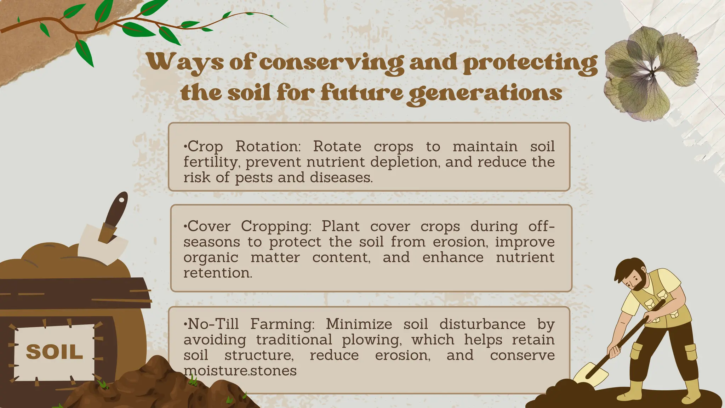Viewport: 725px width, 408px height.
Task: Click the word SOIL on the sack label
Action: [x=54, y=352]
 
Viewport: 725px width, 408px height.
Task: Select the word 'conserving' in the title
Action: [x=331, y=63]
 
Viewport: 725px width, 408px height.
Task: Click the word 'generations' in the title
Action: [x=484, y=93]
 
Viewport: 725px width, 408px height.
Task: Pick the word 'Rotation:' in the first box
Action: [x=268, y=146]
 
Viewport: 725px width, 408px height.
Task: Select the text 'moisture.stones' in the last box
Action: [x=240, y=370]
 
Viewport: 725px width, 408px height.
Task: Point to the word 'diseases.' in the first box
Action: [x=341, y=177]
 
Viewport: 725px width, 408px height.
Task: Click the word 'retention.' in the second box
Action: [x=218, y=273]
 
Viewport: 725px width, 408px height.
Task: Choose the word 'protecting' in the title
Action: [x=530, y=63]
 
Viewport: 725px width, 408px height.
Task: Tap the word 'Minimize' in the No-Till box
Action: [x=359, y=324]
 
